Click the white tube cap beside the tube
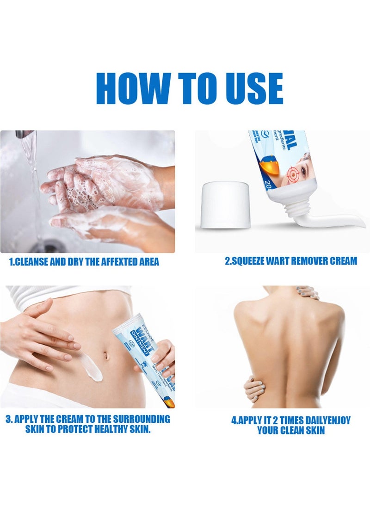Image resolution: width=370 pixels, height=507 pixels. click(x=226, y=204)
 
